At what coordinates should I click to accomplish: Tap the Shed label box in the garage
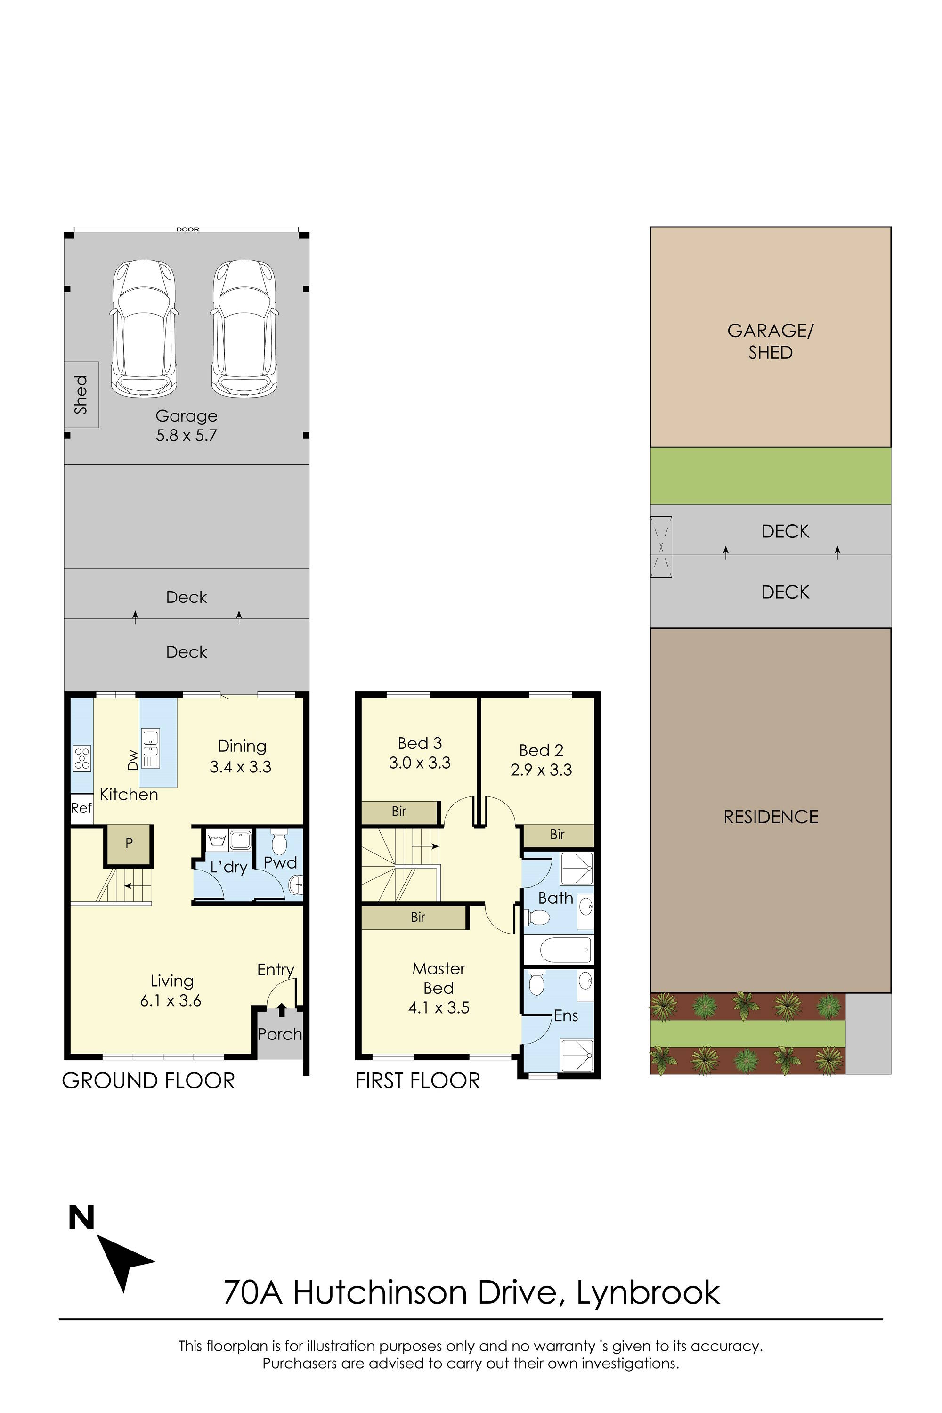[x=81, y=395]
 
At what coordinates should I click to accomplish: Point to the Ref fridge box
[x=81, y=808]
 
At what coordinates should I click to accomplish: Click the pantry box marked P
[x=129, y=844]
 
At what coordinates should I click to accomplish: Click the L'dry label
[x=229, y=867]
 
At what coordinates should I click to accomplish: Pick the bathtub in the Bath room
[x=565, y=950]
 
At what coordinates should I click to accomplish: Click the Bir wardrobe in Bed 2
[x=558, y=835]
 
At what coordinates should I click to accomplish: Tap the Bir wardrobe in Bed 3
[x=399, y=812]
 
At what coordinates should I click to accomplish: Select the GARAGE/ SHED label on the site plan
[x=770, y=341]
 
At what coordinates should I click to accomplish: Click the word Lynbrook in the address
[x=648, y=1293]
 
